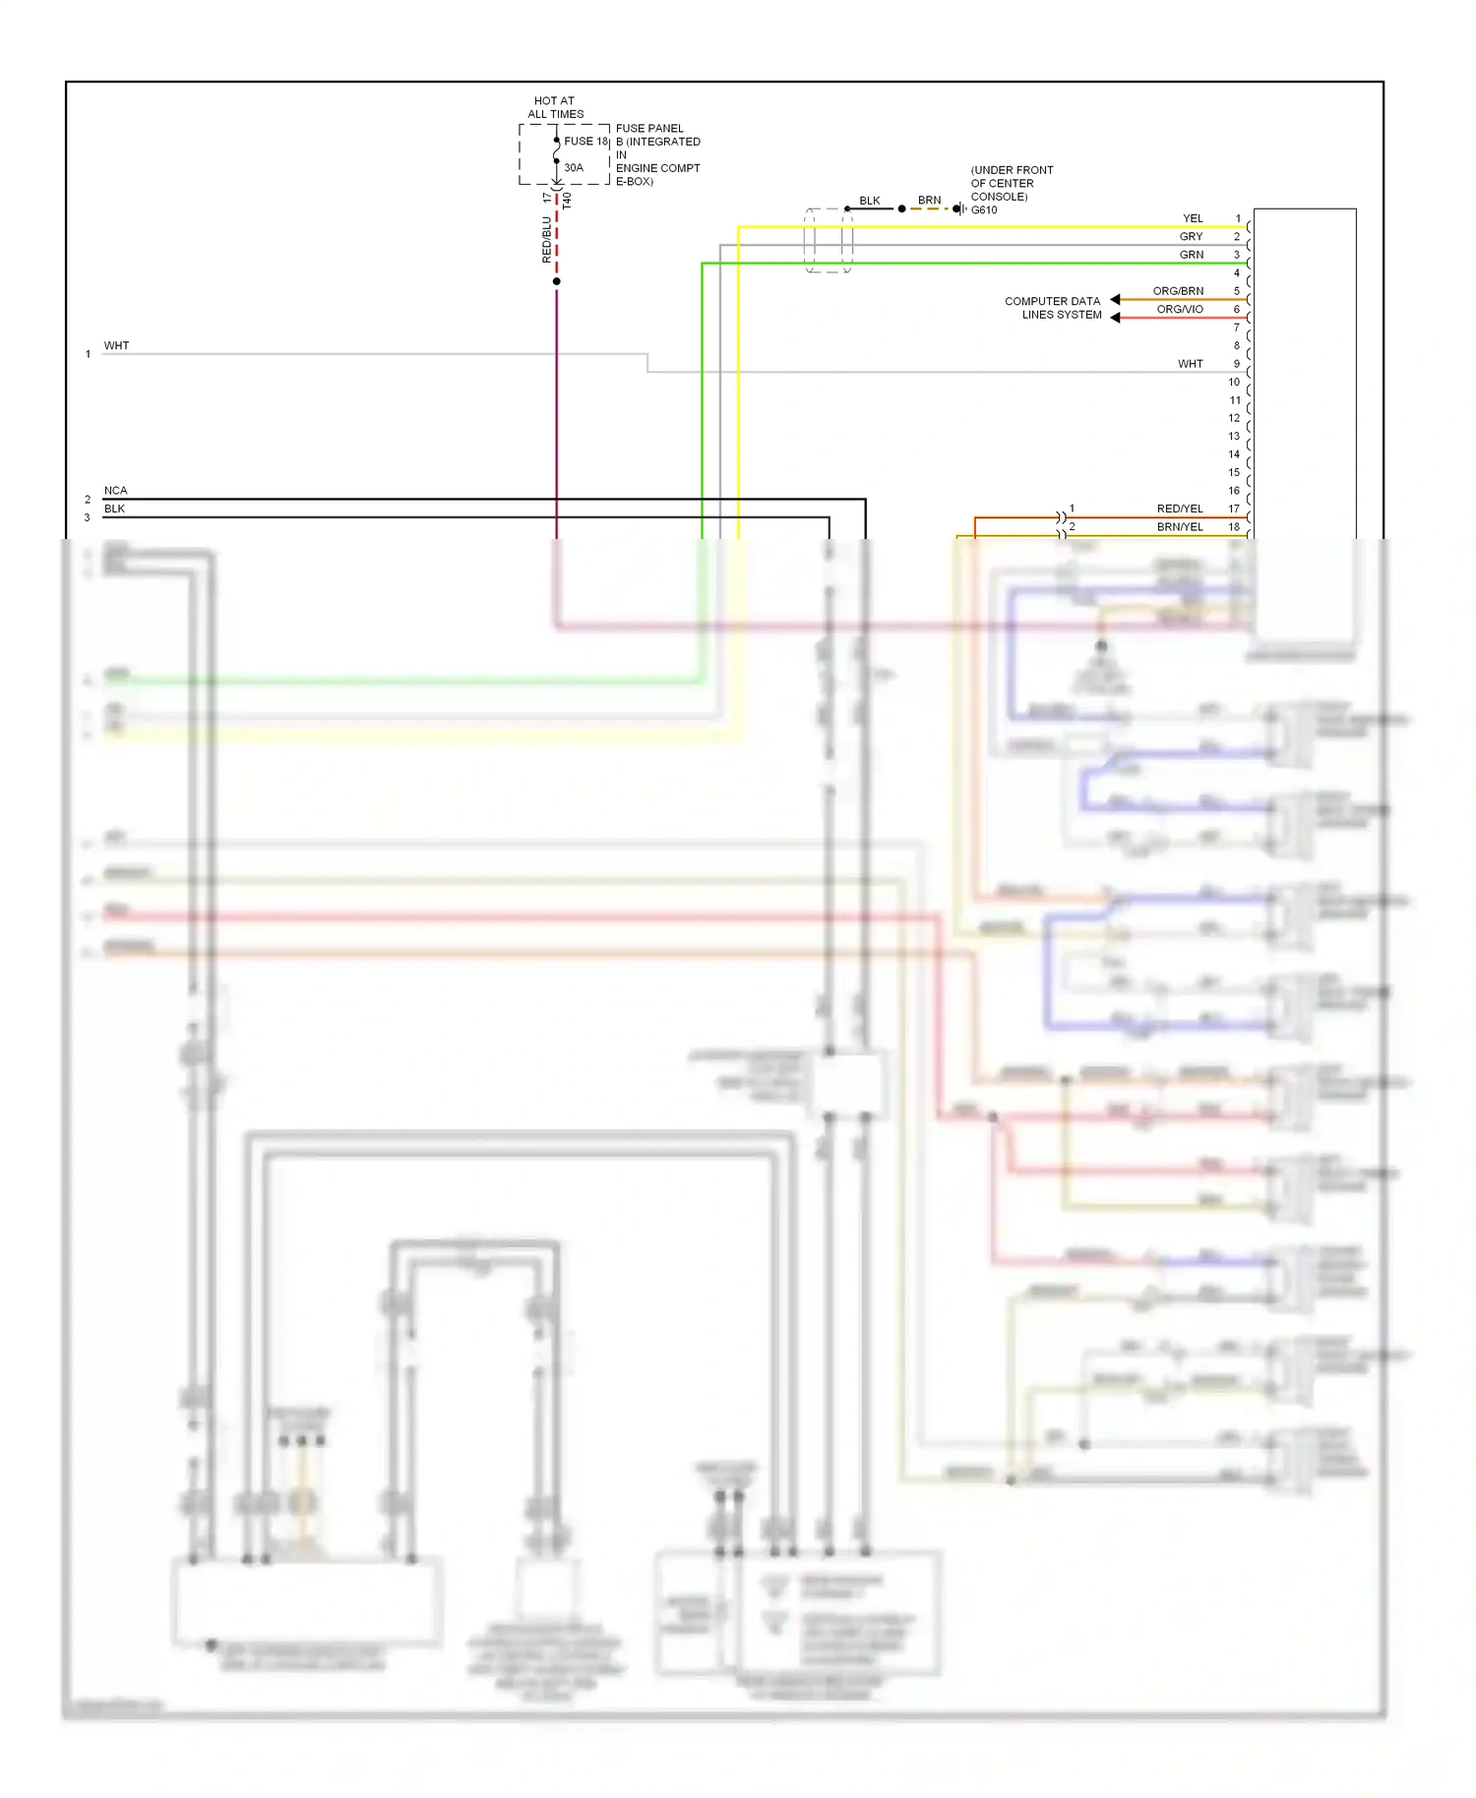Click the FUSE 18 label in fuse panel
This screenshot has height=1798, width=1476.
coord(585,141)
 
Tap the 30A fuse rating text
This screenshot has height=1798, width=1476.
coord(574,167)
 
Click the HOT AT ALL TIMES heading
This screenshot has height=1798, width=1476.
coord(555,107)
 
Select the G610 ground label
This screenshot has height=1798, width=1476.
coord(984,210)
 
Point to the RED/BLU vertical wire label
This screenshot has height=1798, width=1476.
coord(547,240)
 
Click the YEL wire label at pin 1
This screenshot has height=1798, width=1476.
coord(1193,218)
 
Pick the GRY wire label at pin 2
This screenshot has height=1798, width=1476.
coord(1191,236)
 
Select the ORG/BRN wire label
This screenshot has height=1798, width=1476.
coord(1178,291)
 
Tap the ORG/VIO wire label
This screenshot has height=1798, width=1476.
coord(1179,309)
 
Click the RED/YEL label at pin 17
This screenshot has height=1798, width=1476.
coord(1179,509)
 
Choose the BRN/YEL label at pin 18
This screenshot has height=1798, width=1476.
coord(1179,527)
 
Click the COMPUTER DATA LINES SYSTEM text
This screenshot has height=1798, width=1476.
coord(1053,308)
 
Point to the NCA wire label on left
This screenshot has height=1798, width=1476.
coord(115,490)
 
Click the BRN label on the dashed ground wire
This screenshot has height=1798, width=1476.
coord(929,200)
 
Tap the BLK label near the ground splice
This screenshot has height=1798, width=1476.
coord(870,201)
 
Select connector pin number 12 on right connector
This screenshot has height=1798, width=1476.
coord(1234,418)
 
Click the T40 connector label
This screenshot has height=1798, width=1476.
coord(567,200)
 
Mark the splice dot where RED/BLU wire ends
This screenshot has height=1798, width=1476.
coord(557,281)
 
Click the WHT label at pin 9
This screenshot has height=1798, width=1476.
coord(1190,364)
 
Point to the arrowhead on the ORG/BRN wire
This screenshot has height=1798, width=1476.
coord(1115,299)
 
